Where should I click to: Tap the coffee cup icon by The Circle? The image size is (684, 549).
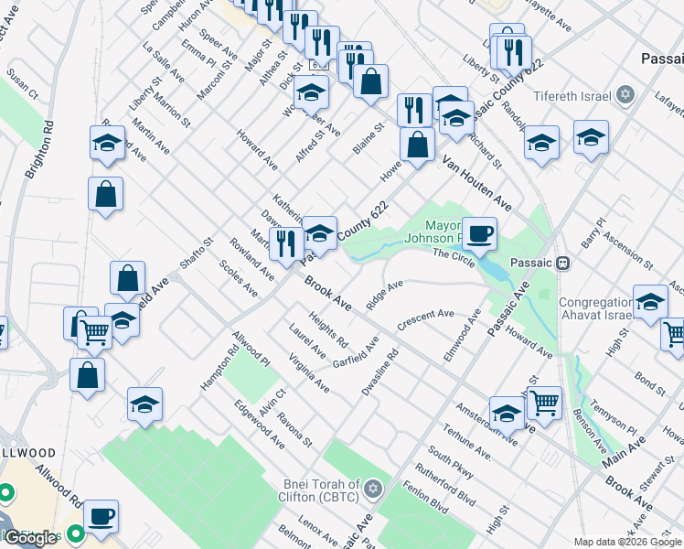tap(479, 233)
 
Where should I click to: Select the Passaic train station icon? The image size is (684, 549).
tap(563, 262)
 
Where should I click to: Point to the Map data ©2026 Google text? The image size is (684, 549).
tap(626, 542)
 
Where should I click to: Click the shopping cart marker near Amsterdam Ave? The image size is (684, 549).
tap(544, 402)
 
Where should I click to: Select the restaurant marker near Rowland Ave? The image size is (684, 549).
tap(287, 244)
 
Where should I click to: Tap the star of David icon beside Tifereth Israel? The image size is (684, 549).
tap(625, 94)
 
